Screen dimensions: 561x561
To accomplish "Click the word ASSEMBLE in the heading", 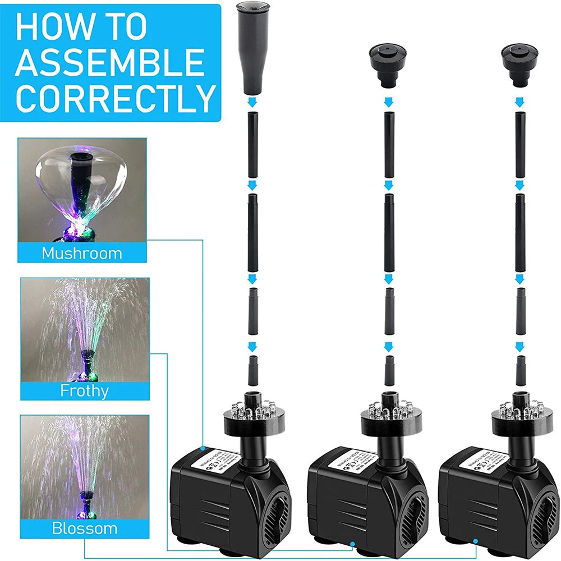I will pos(110,62).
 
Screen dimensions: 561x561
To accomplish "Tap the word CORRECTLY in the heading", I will pos(116,99).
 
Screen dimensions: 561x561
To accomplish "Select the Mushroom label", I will pos(82,253).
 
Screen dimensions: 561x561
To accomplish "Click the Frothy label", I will pos(85,390).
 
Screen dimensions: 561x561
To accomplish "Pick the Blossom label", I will pos(85,528).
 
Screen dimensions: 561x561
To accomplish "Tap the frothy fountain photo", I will pos(85,329).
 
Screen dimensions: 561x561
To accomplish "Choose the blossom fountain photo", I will pos(85,467).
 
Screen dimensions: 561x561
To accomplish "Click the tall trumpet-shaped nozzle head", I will pos(252,48).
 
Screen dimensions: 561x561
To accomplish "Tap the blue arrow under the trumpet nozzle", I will pos(252,102).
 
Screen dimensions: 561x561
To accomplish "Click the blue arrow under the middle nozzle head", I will pos(387,102).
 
